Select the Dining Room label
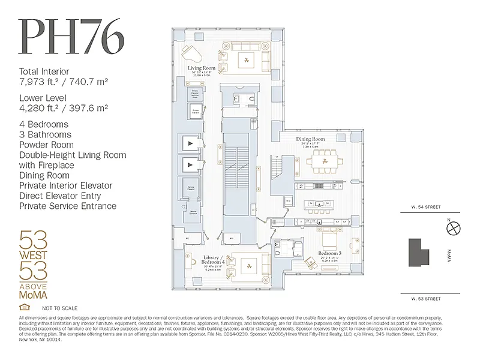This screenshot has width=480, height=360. click(310, 139)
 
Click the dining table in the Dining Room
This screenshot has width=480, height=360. click(324, 161)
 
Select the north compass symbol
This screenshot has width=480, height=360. click(454, 227)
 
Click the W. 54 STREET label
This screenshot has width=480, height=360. click(426, 208)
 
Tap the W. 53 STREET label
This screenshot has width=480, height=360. click(426, 298)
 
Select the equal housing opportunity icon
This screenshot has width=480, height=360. click(24, 308)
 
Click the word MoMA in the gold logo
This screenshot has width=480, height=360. click(34, 295)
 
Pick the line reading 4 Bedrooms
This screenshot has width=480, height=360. click(44, 125)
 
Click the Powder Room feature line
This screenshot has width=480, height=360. click(47, 145)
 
